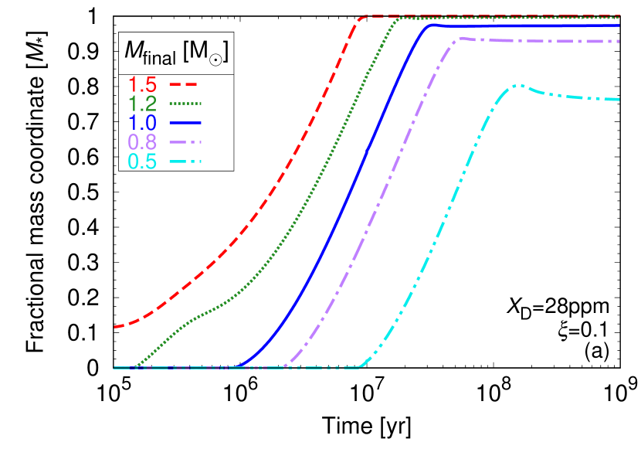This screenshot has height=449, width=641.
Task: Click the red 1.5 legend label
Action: pyautogui.click(x=142, y=84)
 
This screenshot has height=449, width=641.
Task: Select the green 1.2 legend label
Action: pyautogui.click(x=142, y=104)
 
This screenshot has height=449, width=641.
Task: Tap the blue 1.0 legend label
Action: pyautogui.click(x=142, y=123)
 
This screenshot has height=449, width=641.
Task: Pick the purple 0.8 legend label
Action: pyautogui.click(x=142, y=142)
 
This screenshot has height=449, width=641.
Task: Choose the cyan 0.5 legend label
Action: pyautogui.click(x=142, y=162)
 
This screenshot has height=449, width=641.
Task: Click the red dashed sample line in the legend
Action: pyautogui.click(x=185, y=83)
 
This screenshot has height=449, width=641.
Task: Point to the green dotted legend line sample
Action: pyautogui.click(x=185, y=103)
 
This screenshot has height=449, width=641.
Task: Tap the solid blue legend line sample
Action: pyautogui.click(x=185, y=123)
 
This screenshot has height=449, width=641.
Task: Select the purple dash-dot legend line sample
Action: pyautogui.click(x=185, y=142)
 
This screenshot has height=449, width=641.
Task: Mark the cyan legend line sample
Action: pyautogui.click(x=185, y=162)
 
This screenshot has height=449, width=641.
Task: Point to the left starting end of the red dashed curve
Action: pyautogui.click(x=115, y=327)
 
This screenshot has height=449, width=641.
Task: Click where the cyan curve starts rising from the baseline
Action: pyautogui.click(x=361, y=367)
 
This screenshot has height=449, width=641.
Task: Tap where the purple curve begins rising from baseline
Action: pyautogui.click(x=284, y=366)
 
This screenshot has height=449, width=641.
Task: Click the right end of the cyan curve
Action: pyautogui.click(x=619, y=99)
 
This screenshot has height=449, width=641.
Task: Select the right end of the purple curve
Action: pyautogui.click(x=619, y=41)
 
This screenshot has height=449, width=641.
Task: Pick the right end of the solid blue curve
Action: pyautogui.click(x=619, y=26)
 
